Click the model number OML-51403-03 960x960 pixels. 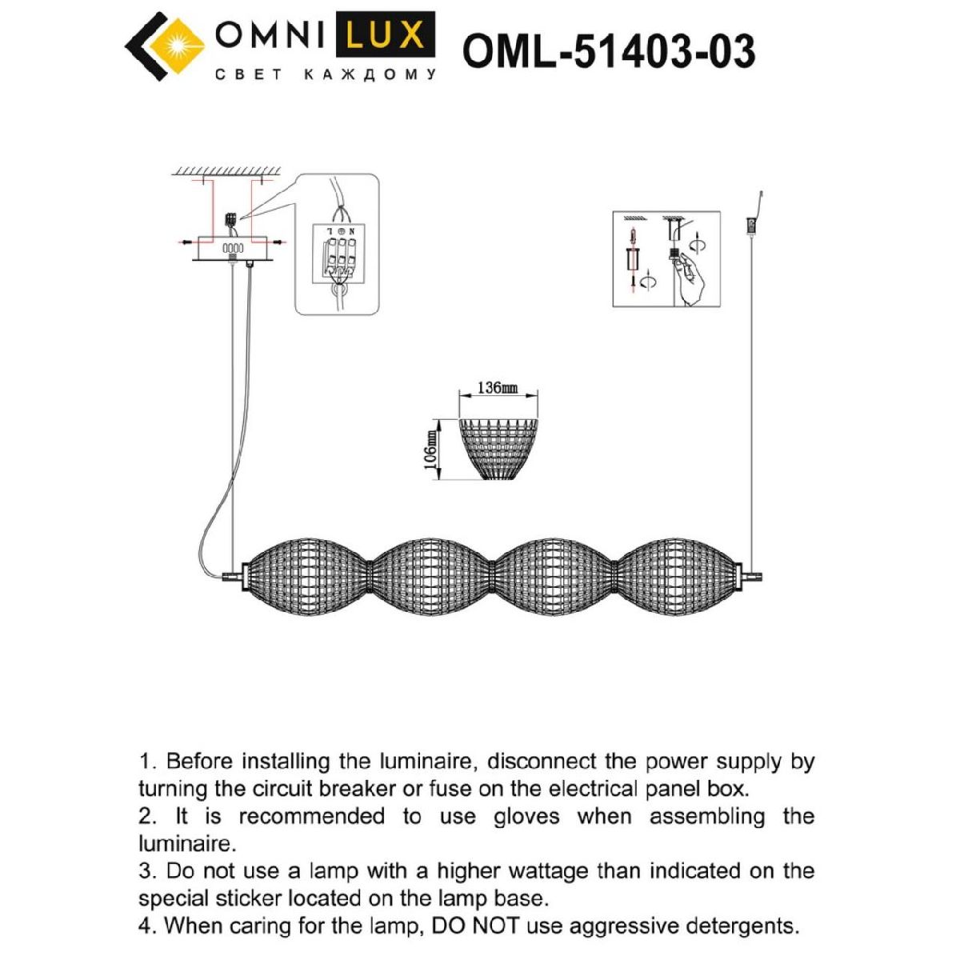tap(608, 52)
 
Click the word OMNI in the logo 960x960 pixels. tap(270, 35)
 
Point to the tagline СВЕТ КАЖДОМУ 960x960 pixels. tap(326, 75)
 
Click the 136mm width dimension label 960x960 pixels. tap(497, 389)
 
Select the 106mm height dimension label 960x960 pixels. tap(430, 450)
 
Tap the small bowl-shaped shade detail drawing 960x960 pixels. tap(498, 449)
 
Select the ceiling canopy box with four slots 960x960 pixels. tap(233, 250)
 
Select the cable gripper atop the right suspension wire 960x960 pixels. tap(751, 226)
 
